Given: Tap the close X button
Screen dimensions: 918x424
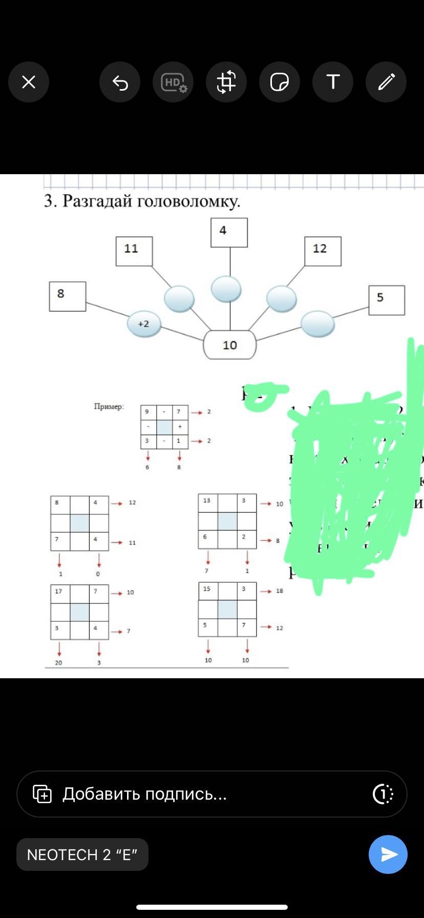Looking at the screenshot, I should coord(29,82).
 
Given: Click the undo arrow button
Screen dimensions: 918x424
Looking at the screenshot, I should coord(120,82).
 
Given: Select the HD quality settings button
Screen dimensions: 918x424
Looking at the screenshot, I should coord(173,82).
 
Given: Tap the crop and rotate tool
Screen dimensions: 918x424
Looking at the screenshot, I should coord(226,82).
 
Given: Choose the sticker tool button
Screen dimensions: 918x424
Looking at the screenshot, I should coord(280,82).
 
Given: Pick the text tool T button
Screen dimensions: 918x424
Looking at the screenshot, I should coord(333,82).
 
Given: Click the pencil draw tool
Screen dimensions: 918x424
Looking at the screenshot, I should coord(386,82).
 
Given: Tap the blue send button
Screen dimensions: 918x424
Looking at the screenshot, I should coord(388,854).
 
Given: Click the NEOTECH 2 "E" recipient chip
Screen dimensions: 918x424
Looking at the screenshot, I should coord(82,854).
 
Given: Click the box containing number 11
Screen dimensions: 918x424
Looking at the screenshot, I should coord(134,251).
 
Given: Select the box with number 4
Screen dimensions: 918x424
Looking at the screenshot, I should coord(229,233).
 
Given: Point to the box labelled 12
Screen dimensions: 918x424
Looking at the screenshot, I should coord(323,251).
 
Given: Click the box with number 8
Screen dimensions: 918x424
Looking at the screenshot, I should coord(68,296).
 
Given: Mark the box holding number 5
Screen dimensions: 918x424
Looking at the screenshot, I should coord(387,300).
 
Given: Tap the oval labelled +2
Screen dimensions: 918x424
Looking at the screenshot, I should coord(144,324).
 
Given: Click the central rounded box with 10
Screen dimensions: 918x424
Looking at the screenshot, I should coord(230,345).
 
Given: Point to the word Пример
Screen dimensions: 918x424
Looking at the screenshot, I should coord(109,407).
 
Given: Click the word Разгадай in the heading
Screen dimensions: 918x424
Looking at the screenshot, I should coord(98,201).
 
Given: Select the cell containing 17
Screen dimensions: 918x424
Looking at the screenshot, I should coord(60,593).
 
